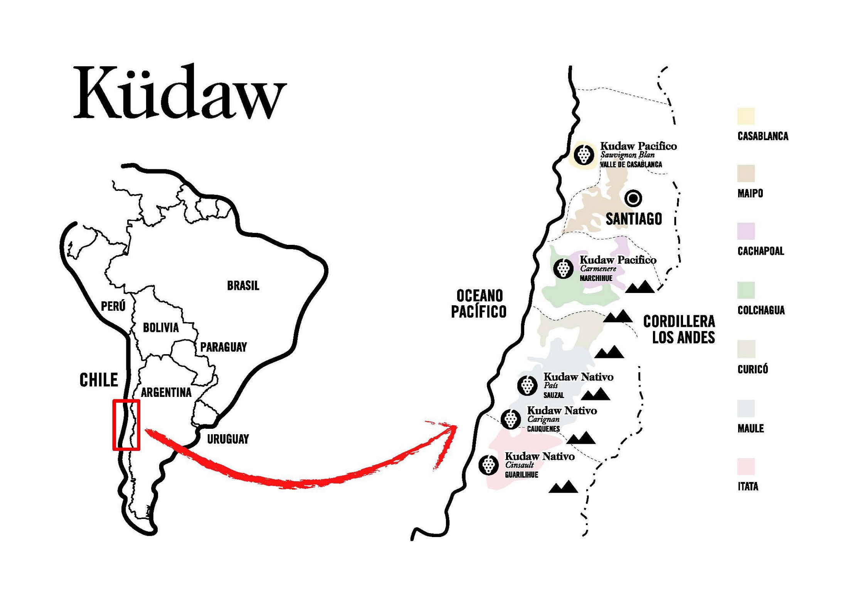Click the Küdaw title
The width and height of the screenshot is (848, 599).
click(179, 94)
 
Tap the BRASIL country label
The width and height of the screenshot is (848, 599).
click(243, 286)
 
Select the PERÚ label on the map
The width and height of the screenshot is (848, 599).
click(113, 306)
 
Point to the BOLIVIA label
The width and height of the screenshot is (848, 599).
click(161, 328)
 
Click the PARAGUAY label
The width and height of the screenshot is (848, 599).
click(223, 347)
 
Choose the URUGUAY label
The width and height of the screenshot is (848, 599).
click(228, 439)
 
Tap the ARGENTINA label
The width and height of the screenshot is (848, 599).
click(166, 393)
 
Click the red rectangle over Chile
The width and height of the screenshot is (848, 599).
click(126, 425)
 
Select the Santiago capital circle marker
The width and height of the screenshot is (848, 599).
click(633, 198)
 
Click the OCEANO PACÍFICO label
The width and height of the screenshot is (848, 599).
click(479, 304)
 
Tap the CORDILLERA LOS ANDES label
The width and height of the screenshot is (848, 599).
click(679, 329)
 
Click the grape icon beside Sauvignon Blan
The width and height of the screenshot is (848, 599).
click(584, 154)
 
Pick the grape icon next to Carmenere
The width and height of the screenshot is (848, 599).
click(563, 268)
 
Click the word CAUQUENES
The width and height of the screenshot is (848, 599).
click(543, 429)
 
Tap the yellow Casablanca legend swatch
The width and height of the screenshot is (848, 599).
click(746, 116)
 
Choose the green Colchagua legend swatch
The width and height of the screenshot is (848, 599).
click(746, 290)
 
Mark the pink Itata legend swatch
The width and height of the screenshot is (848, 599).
click(746, 467)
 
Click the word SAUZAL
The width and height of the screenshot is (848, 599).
click(554, 395)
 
